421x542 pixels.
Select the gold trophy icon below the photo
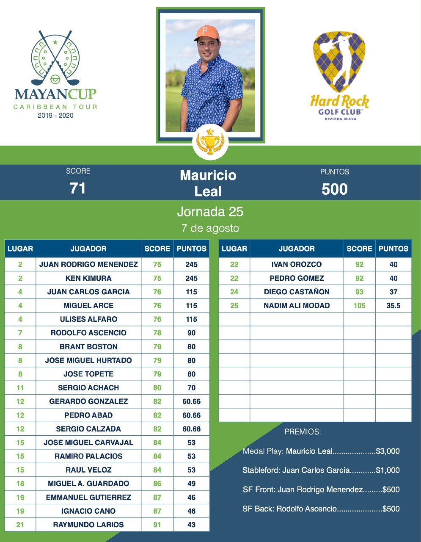[210, 141]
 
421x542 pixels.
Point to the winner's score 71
[78, 188]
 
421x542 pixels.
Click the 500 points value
[334, 189]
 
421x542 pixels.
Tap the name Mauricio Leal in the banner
[208, 183]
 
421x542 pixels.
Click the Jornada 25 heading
[210, 211]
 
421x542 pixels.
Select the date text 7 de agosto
[210, 228]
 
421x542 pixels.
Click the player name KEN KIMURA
[88, 278]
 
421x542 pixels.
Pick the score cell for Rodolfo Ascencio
[157, 333]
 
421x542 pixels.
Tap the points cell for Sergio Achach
[191, 387]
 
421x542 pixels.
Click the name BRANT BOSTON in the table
[88, 346]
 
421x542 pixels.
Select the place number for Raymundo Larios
[20, 525]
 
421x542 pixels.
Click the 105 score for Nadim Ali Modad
[359, 305]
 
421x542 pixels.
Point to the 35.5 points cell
[393, 305]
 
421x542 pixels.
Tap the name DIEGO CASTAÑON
[297, 292]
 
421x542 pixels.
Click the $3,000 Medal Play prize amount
[388, 451]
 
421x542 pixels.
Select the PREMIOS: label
[303, 432]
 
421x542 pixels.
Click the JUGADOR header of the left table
[88, 249]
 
